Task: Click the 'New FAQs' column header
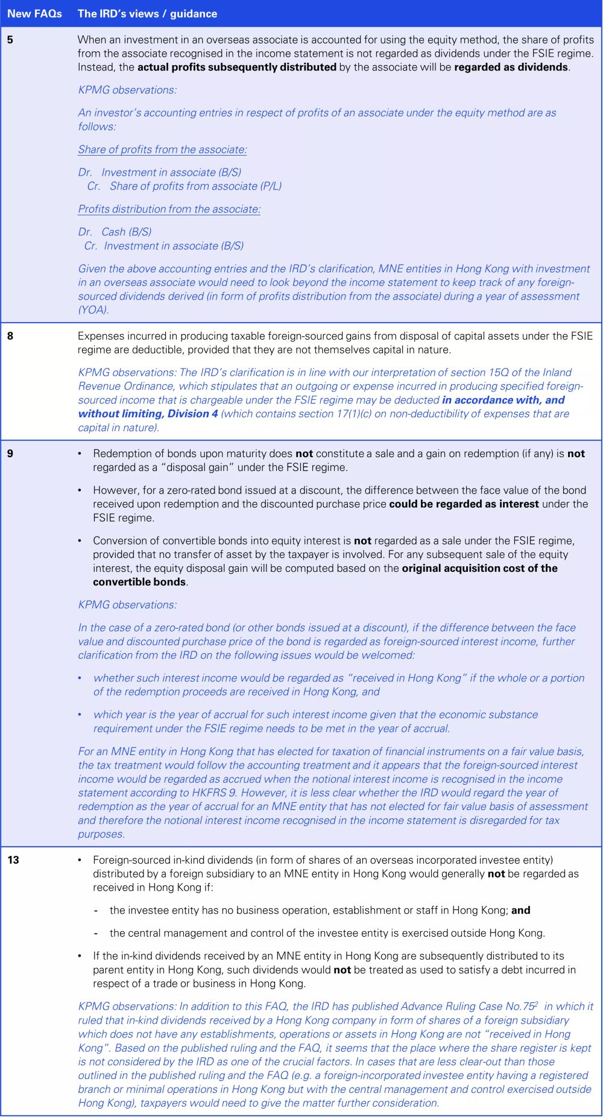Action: [x=34, y=13]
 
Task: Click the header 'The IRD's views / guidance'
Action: [x=147, y=13]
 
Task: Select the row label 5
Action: [x=10, y=40]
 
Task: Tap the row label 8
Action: [x=10, y=336]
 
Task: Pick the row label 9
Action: [x=10, y=454]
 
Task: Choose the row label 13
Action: [x=13, y=860]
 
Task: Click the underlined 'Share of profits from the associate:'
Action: [x=162, y=150]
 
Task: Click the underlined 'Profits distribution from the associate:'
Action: [x=169, y=209]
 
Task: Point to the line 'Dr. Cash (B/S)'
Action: [x=115, y=232]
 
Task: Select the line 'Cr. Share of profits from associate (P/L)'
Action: [x=184, y=186]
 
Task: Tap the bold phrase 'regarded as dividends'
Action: [x=511, y=67]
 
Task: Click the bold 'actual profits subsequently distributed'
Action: [x=237, y=67]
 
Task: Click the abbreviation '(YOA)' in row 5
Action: [x=93, y=310]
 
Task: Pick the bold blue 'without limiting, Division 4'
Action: [x=148, y=414]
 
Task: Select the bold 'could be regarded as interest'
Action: [x=464, y=504]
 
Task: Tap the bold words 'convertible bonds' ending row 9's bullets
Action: [x=139, y=582]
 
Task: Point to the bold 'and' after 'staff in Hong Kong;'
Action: [x=521, y=910]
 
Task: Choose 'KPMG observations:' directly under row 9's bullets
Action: [x=127, y=605]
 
